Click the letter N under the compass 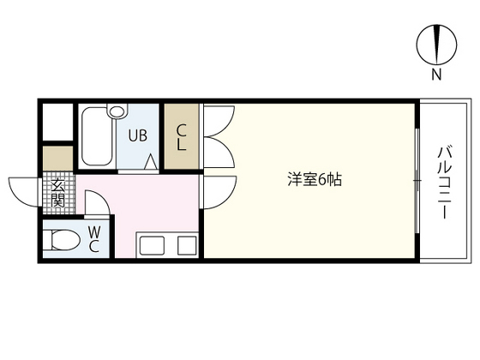coord(436,75)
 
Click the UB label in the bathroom coord(137,135)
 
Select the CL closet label coord(182,137)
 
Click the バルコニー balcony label coord(444,182)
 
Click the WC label coord(94,239)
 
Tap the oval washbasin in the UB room coord(117,112)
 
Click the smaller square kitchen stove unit coord(185,245)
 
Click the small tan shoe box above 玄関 coord(58,159)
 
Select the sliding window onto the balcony coord(417,182)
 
